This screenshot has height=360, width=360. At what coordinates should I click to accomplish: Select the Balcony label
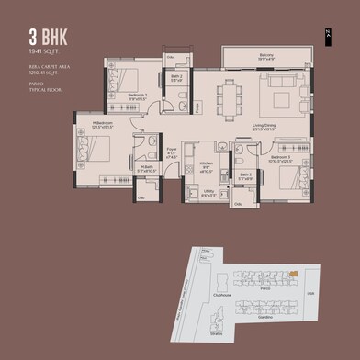point(266,56)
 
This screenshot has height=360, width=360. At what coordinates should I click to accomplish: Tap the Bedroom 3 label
point(282,158)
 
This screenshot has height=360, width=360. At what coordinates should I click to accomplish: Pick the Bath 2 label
point(176,77)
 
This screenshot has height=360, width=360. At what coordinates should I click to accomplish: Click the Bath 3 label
point(244,175)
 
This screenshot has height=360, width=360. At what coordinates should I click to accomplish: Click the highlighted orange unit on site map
point(292,274)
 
